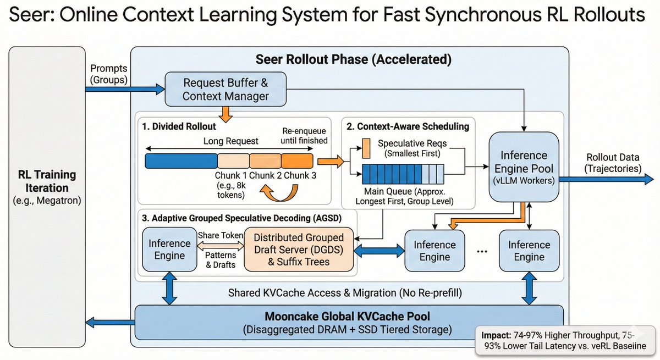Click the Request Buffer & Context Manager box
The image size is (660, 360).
pyautogui.click(x=226, y=89)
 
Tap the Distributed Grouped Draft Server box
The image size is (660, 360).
pyautogui.click(x=298, y=250)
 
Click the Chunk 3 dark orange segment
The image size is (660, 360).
pyautogui.click(x=297, y=160)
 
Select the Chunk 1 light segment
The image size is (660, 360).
pyautogui.click(x=233, y=160)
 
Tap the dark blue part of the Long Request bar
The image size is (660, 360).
pyautogui.click(x=181, y=160)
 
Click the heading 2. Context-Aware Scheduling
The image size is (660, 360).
pyautogui.click(x=408, y=126)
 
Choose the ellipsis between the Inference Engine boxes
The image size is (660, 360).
pyautogui.click(x=482, y=251)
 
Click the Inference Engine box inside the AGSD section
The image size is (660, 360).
pyautogui.click(x=169, y=250)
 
